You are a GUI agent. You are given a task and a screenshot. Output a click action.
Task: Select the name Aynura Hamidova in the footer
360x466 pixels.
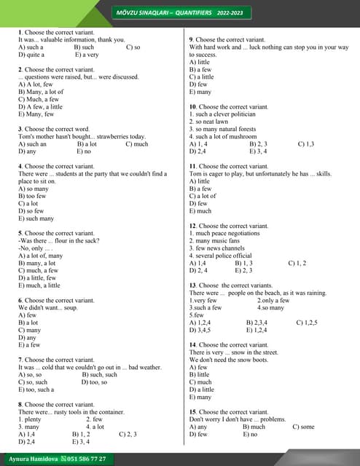click(33, 459)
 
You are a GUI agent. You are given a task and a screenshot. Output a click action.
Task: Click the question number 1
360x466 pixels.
click(20, 32)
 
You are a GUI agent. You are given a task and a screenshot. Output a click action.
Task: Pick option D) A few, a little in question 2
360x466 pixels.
click(40, 107)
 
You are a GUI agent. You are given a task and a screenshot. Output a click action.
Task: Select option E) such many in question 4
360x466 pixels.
click(36, 218)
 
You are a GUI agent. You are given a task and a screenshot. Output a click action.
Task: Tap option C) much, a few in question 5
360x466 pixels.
click(38, 270)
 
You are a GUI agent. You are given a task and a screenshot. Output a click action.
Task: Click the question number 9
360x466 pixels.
click(191, 39)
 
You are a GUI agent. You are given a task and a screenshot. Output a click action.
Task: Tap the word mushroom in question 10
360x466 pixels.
click(243, 137)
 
